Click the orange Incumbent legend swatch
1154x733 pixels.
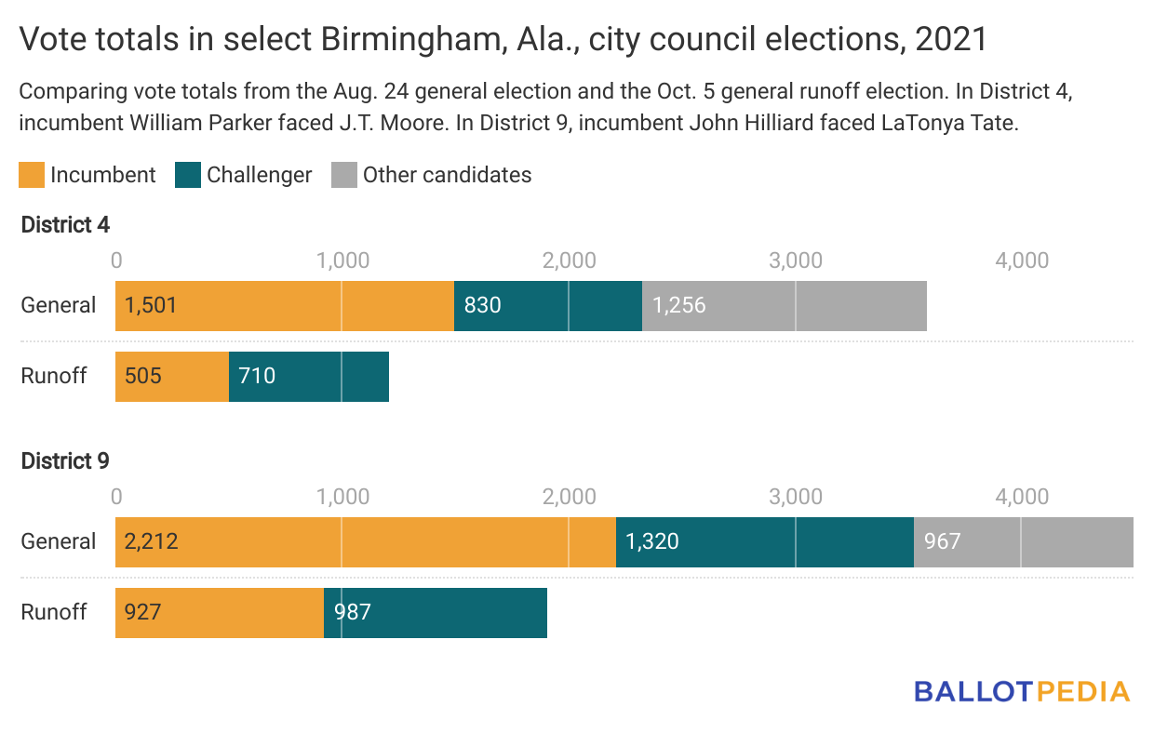coord(32,175)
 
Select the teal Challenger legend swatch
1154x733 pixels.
coord(188,175)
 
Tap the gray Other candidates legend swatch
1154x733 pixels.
coord(344,175)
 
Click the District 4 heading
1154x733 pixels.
coord(66,224)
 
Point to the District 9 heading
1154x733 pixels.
coord(66,460)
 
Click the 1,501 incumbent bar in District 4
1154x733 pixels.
coord(284,305)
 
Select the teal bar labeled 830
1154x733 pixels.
coord(548,305)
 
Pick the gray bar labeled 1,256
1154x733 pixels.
coord(785,305)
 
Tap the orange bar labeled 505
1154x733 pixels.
coord(172,376)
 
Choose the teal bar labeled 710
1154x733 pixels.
coord(309,376)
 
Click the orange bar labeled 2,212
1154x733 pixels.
coord(365,541)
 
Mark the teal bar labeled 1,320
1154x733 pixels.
coord(765,541)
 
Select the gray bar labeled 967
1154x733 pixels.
coord(1024,541)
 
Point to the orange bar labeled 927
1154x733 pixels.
coord(220,612)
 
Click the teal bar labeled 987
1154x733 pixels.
coord(436,612)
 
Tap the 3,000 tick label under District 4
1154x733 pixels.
coord(796,260)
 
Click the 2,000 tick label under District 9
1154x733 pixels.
coord(569,497)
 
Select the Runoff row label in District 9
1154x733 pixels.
coord(54,612)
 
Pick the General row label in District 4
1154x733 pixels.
coord(59,305)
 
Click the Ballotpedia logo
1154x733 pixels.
coord(1022,691)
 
